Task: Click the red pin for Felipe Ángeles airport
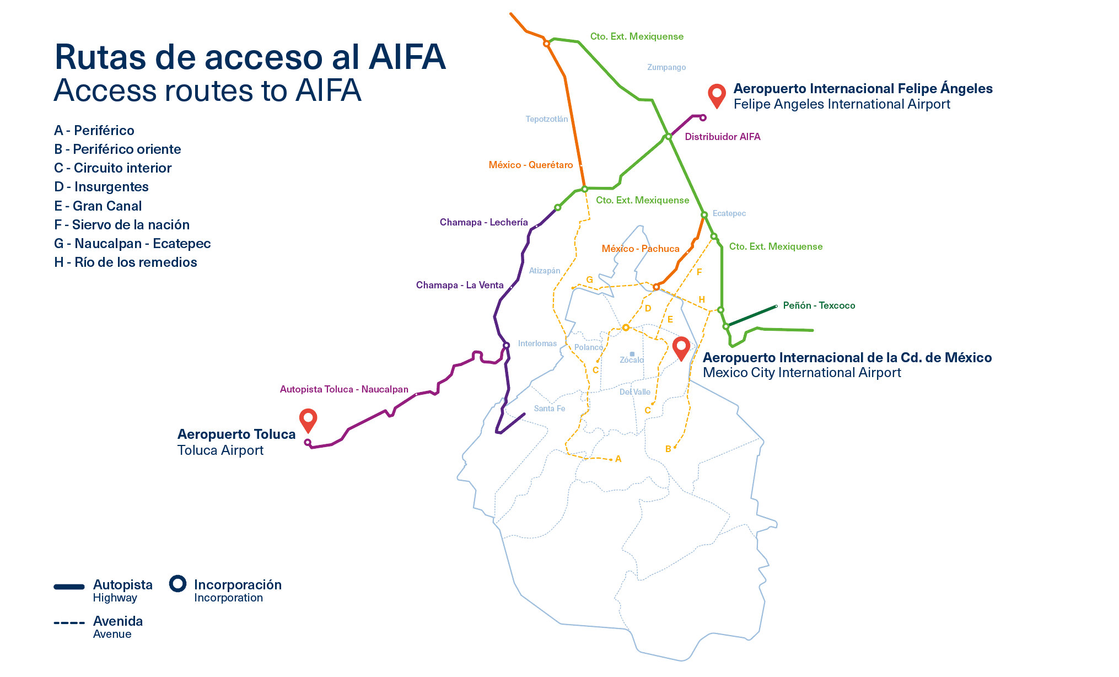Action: pos(716,94)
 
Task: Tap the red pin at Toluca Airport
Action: pos(308,419)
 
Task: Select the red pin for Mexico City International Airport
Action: pos(681,347)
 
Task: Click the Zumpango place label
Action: pos(666,67)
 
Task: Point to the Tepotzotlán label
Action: pos(546,119)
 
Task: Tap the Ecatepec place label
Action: pos(729,213)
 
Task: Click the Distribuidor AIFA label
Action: pos(722,137)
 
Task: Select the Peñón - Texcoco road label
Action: pos(819,305)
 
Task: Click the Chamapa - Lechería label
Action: pos(483,222)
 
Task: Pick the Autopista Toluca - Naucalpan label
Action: pos(344,389)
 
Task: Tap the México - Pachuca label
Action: pos(640,249)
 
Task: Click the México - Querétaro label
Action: pos(530,165)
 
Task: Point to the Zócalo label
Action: pos(632,360)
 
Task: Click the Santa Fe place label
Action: pos(549,409)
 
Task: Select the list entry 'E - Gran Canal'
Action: pos(98,206)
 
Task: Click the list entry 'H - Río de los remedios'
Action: pos(125,262)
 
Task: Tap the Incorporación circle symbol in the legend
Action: pos(177,583)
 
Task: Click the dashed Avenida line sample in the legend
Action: pos(69,623)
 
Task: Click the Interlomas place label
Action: pos(537,343)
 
